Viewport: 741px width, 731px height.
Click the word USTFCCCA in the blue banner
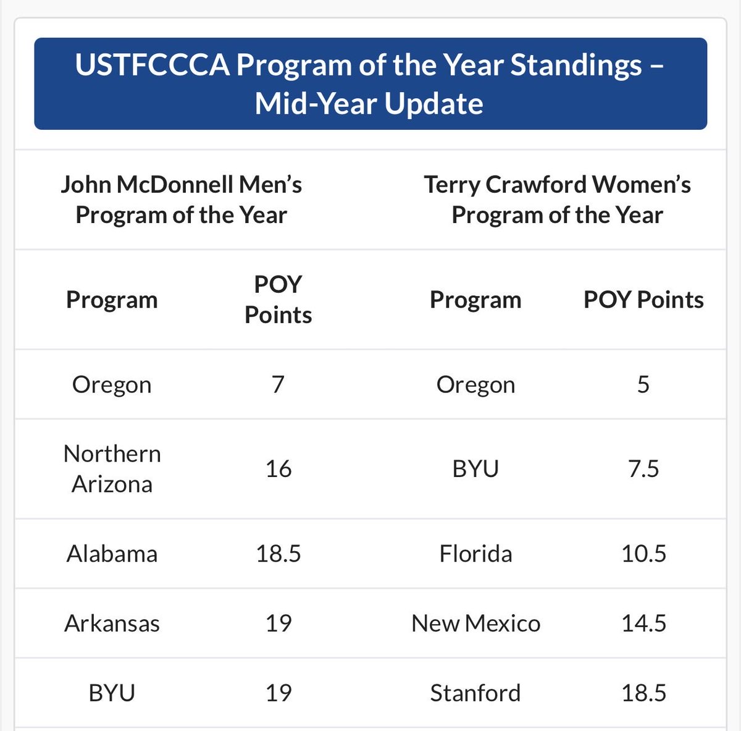(x=151, y=65)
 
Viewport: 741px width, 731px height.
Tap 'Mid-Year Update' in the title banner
(x=369, y=103)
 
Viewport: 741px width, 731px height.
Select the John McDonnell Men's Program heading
(x=182, y=200)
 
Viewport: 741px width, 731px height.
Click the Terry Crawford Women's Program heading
(x=557, y=200)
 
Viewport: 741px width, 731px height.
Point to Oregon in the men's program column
(x=112, y=384)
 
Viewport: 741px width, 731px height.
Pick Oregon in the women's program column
(x=475, y=384)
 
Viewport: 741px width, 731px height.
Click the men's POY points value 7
(x=278, y=384)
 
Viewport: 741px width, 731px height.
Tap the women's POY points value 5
(x=643, y=384)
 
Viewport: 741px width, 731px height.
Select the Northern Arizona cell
(x=112, y=468)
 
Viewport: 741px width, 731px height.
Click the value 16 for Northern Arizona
(x=278, y=468)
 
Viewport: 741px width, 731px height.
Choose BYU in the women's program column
(x=475, y=468)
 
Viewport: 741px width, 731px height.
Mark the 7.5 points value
(x=643, y=468)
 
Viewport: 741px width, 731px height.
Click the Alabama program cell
(x=112, y=553)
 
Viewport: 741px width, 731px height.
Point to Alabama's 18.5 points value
(x=278, y=553)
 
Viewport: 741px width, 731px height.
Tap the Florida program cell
(x=475, y=553)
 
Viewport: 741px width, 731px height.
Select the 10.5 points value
(x=643, y=553)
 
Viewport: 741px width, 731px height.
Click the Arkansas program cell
(x=112, y=623)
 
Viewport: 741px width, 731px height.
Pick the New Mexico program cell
(x=475, y=623)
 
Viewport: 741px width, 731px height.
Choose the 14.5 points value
(x=643, y=623)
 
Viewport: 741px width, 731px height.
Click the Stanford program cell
(x=475, y=693)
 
